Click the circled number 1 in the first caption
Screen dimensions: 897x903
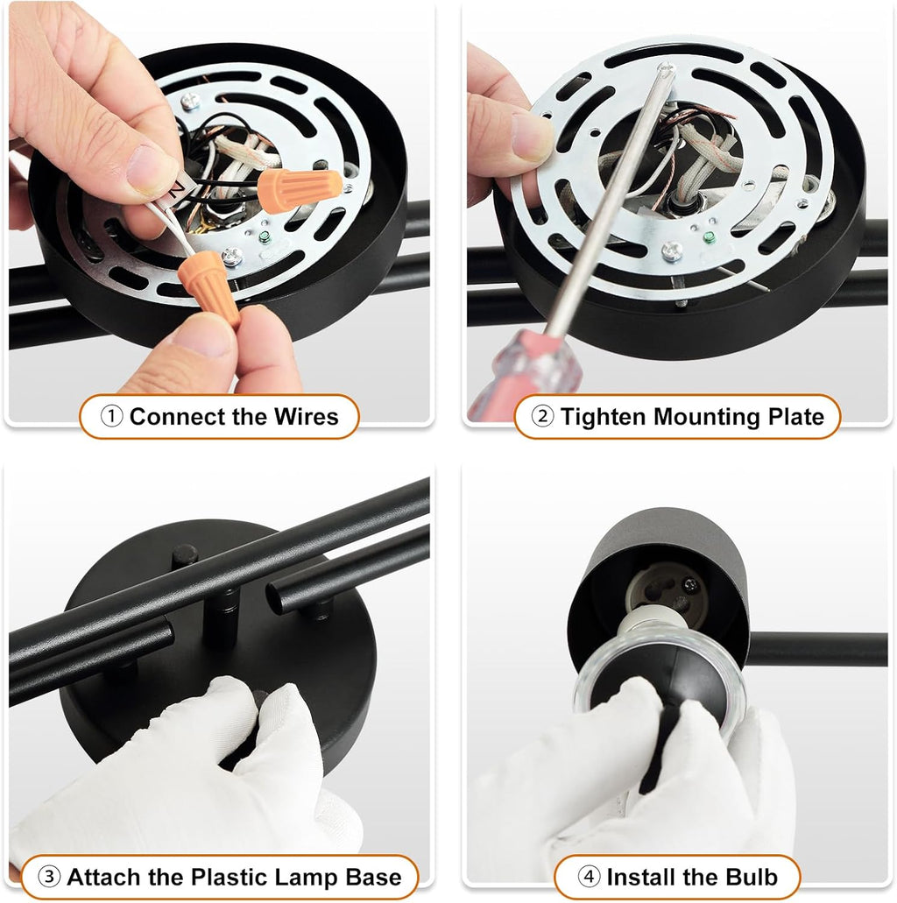[111, 416]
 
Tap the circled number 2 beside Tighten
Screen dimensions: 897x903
[542, 416]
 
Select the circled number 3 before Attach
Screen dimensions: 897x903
[49, 877]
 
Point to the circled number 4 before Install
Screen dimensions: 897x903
[589, 877]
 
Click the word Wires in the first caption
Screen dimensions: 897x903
[306, 416]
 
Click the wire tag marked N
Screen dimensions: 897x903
[176, 188]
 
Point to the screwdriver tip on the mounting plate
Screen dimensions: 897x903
[667, 68]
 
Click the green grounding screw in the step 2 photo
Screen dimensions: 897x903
[710, 236]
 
